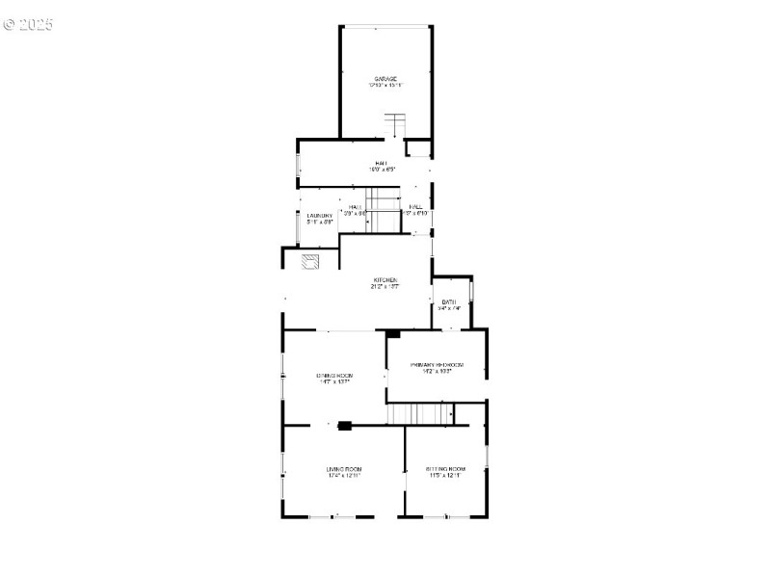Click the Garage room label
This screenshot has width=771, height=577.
(385, 79)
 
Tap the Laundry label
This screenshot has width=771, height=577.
(320, 215)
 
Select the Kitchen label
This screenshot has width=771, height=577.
(385, 280)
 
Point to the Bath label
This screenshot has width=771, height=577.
(449, 302)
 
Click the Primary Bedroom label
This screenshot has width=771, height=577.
(438, 365)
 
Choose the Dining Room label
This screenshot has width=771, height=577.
(334, 375)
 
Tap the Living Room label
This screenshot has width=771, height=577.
(344, 469)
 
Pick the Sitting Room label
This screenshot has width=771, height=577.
(444, 469)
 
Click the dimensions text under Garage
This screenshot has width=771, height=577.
(385, 86)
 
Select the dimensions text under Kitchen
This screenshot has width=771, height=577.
(385, 287)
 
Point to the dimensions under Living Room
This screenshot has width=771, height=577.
(344, 476)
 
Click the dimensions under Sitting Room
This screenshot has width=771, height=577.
(444, 476)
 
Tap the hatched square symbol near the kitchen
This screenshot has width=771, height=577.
(311, 262)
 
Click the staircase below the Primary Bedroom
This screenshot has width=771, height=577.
(419, 413)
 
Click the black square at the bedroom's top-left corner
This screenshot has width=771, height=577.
(392, 334)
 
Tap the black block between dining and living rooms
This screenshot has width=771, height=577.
(345, 423)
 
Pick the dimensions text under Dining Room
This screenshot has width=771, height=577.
(334, 381)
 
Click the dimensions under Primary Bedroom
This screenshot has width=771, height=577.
(438, 372)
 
